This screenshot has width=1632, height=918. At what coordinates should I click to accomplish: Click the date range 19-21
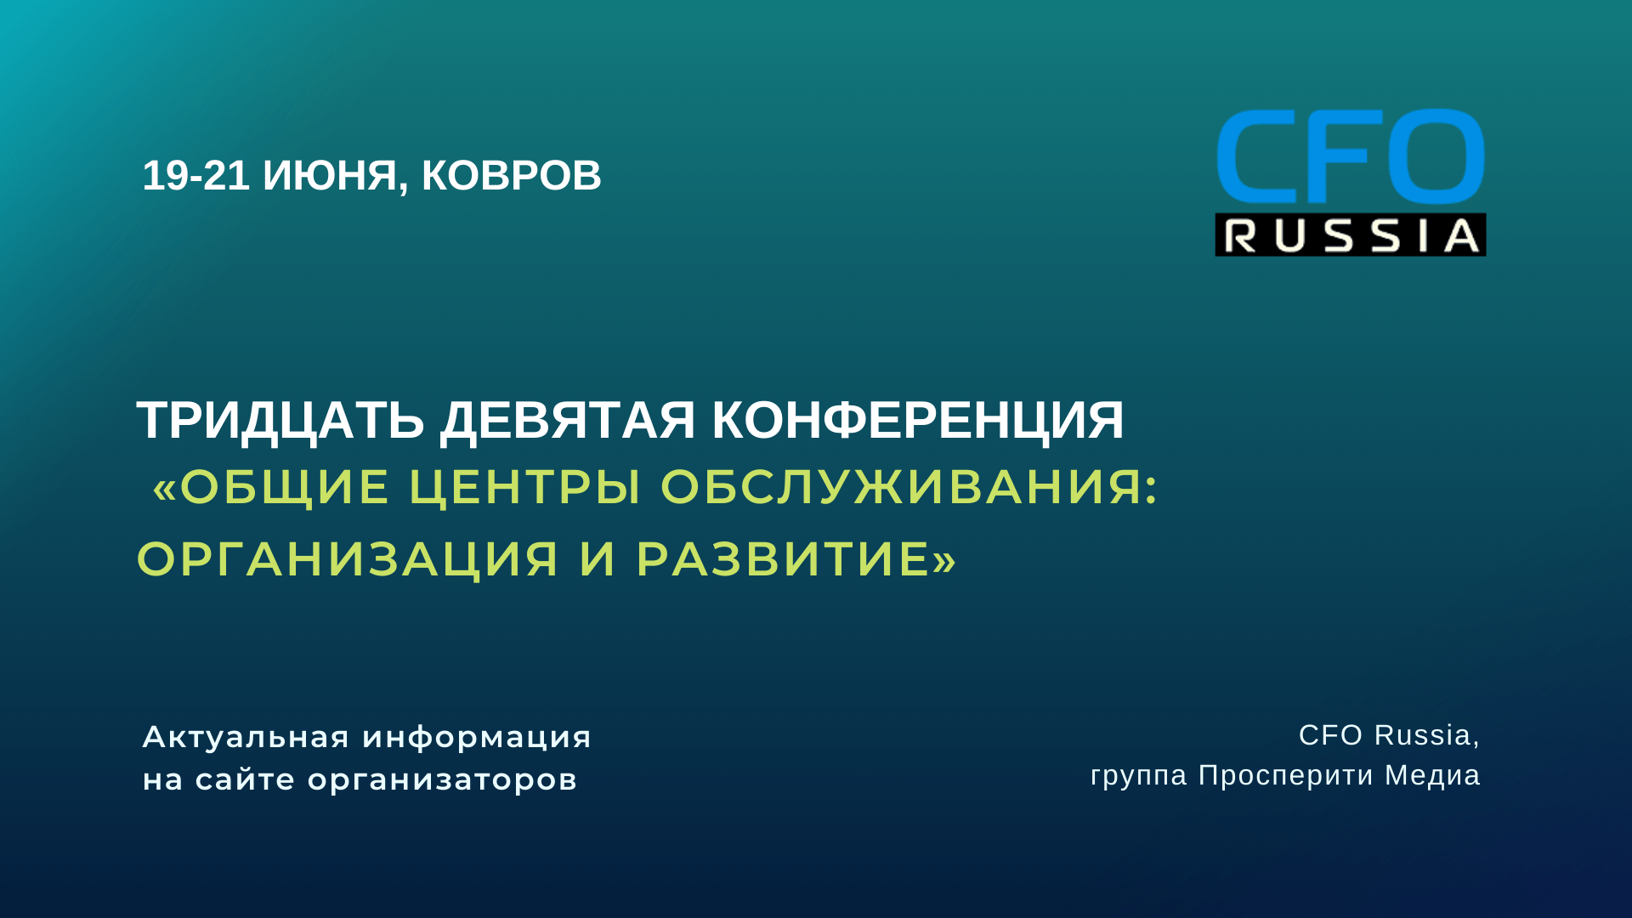(195, 176)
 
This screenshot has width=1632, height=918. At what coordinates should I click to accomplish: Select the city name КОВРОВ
(512, 176)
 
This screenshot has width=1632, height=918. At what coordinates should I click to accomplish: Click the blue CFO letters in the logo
(1350, 156)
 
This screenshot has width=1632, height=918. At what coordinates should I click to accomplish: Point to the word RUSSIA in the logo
(1351, 235)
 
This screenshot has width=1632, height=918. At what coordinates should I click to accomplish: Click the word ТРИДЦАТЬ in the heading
(280, 420)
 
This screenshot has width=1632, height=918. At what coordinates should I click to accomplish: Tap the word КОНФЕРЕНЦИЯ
(918, 420)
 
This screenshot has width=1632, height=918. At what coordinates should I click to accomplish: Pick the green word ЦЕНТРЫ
(525, 487)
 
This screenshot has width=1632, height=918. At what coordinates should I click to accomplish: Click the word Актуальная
(246, 737)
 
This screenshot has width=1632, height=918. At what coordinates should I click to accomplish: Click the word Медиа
(1432, 775)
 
